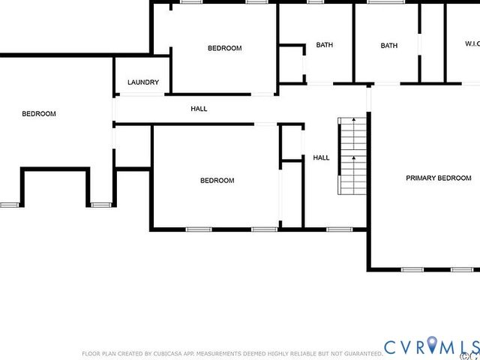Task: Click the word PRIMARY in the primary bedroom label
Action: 420,178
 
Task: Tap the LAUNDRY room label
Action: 143,82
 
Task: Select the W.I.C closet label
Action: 472,44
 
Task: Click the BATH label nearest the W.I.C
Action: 389,46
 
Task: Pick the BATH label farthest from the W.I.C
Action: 324,45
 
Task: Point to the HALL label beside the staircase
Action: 321,157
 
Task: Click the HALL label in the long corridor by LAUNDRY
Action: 199,109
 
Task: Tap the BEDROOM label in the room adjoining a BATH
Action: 224,48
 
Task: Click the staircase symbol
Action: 351,155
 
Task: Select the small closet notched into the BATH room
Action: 292,64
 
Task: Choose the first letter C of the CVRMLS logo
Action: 391,347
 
